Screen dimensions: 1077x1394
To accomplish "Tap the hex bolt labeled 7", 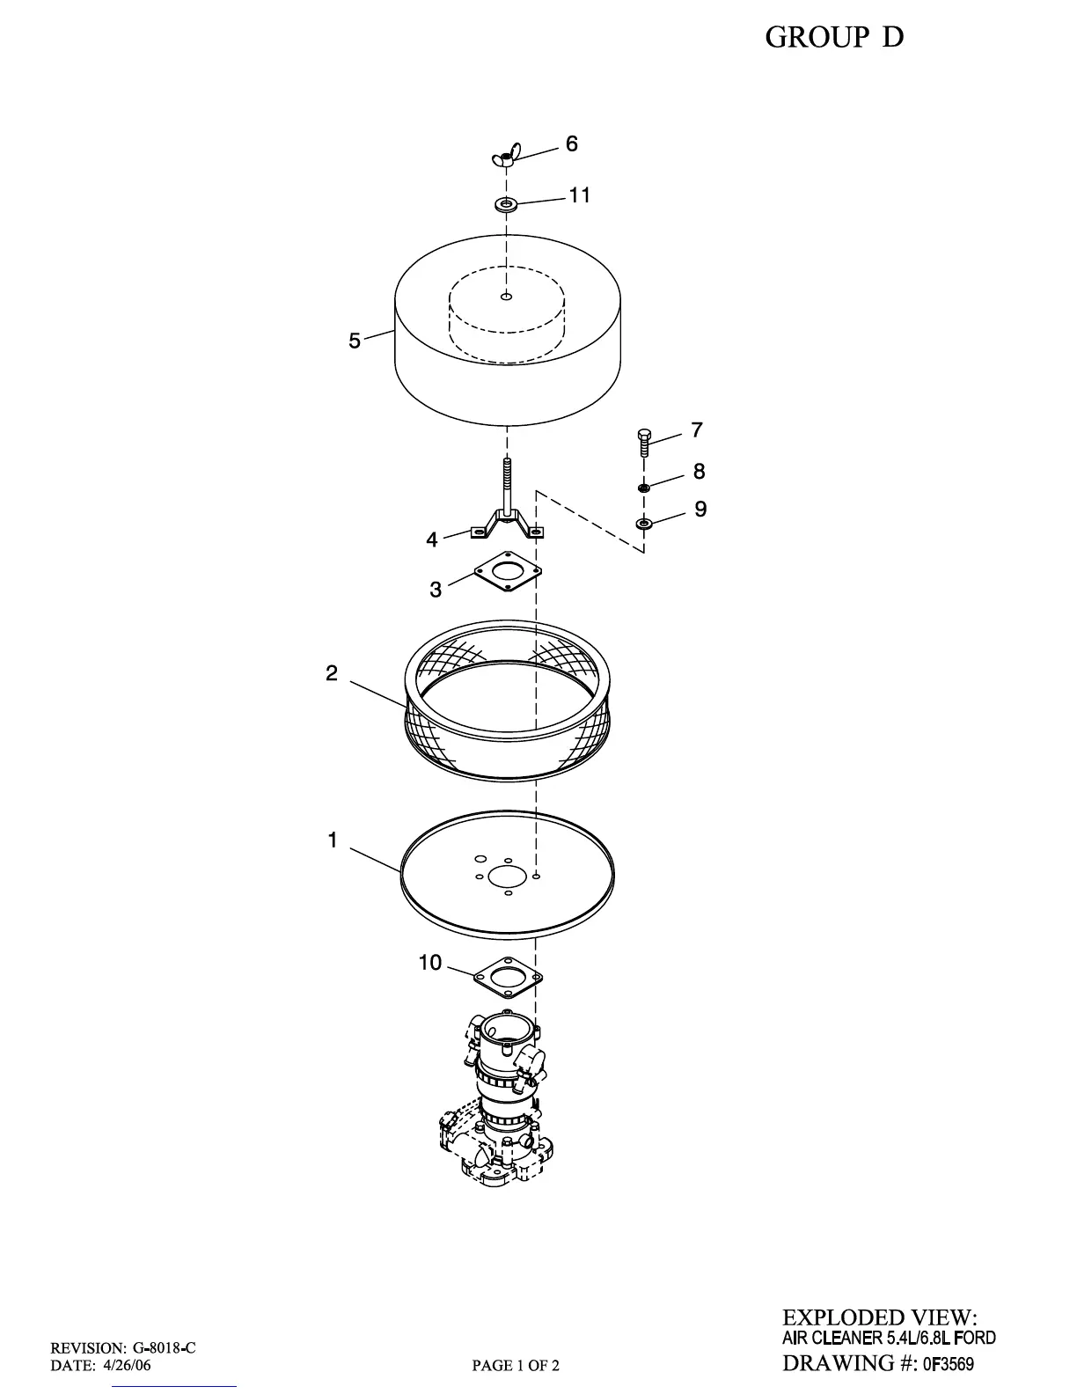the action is click(643, 440).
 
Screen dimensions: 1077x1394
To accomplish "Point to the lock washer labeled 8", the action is click(644, 487).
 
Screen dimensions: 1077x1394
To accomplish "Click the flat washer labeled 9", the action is click(644, 525).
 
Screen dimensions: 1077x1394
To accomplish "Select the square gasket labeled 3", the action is click(507, 571).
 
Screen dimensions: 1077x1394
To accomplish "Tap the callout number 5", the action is click(355, 341).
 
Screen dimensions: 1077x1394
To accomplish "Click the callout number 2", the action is click(332, 673).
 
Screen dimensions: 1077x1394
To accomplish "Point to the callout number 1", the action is click(333, 840).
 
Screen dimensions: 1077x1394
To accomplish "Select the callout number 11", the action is click(579, 195).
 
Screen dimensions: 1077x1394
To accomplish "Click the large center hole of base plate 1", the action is click(506, 877).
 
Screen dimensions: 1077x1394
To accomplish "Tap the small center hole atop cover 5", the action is click(506, 297).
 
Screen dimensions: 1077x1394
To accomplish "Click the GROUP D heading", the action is click(834, 37).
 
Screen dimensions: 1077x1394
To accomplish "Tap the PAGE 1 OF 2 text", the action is click(516, 1366).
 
